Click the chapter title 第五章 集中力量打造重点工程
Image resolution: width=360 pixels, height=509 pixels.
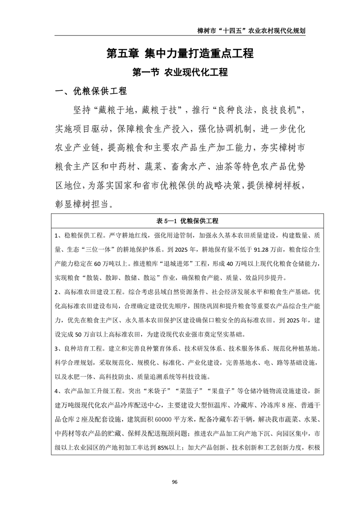click(x=180, y=54)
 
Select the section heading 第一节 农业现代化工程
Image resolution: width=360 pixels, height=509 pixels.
click(x=180, y=72)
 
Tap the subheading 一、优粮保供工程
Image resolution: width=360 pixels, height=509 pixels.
click(x=91, y=91)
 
